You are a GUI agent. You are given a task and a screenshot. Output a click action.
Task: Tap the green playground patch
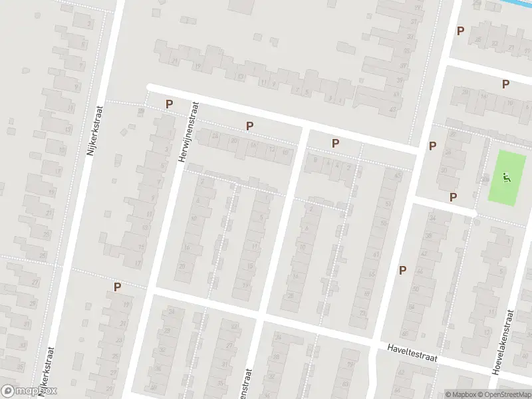click(x=505, y=176)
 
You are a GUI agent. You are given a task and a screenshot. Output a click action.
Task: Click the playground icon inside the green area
click(x=506, y=178)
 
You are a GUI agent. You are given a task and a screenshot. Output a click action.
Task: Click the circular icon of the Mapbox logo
click(x=9, y=391)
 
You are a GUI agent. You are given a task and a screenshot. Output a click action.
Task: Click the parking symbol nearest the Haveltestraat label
click(x=402, y=269)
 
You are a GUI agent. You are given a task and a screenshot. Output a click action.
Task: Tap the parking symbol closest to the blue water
click(x=460, y=31)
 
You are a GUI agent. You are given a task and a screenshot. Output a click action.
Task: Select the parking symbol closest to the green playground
click(x=454, y=196)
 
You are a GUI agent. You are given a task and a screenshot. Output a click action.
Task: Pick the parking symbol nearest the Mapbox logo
click(x=118, y=287)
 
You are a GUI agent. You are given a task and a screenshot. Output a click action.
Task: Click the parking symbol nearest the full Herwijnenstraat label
click(x=169, y=104)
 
